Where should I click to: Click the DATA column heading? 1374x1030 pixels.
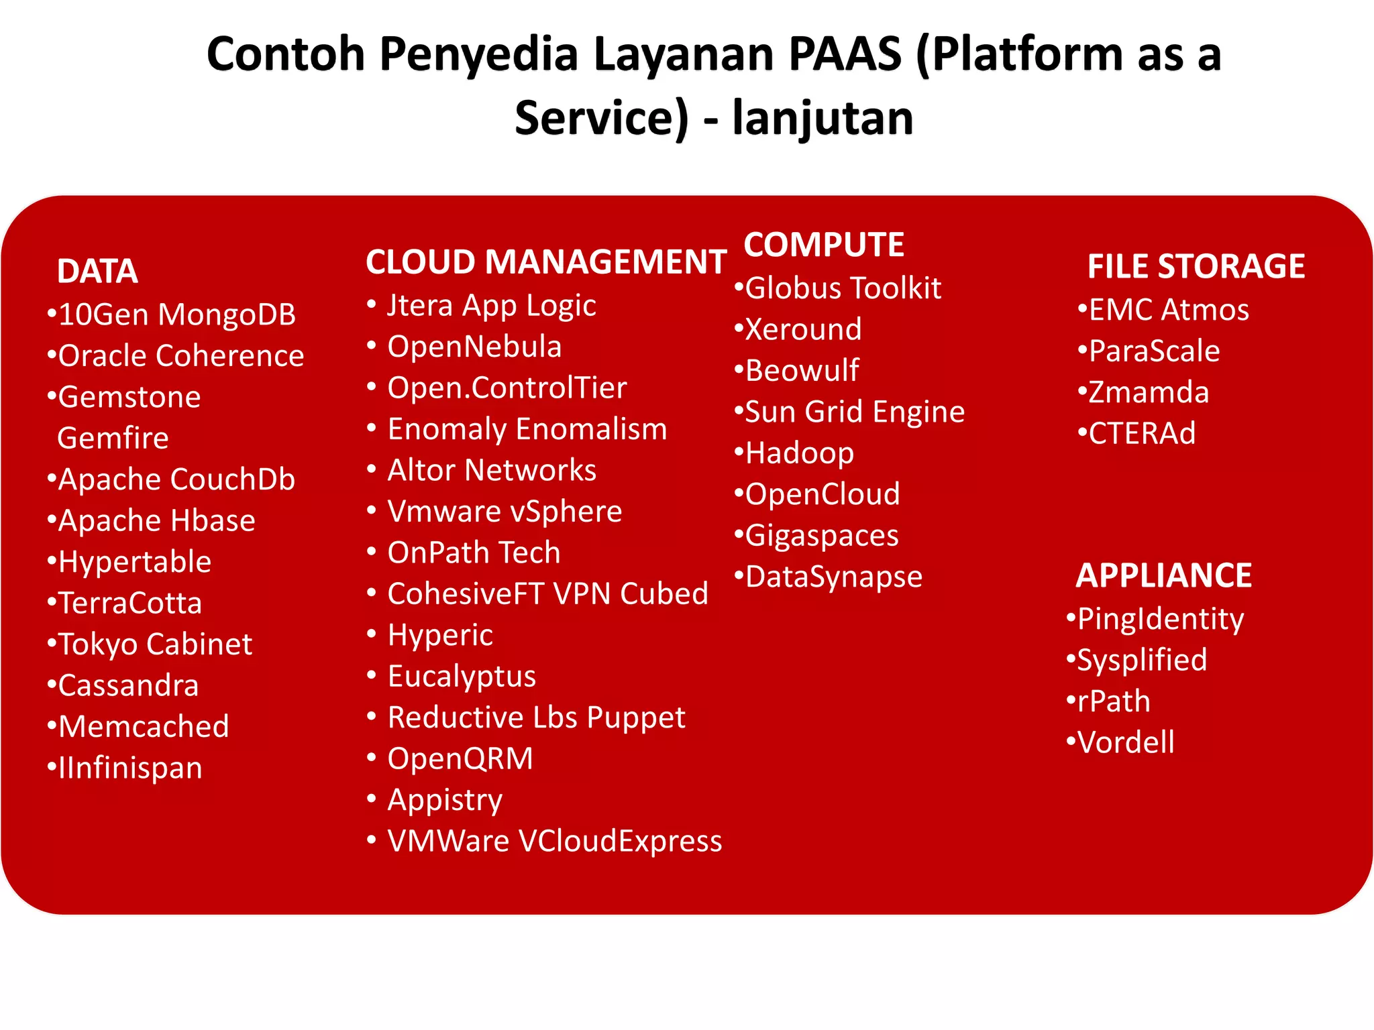click(98, 272)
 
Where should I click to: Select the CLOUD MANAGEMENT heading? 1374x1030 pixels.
click(546, 262)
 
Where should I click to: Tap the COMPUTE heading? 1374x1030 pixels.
click(824, 245)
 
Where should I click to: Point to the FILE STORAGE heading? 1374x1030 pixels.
click(1196, 266)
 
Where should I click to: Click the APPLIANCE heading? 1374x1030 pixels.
click(1164, 575)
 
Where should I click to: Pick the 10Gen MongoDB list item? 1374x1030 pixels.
click(177, 314)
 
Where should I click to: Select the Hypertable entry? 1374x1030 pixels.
click(135, 562)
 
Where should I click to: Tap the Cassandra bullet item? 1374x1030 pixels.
click(128, 685)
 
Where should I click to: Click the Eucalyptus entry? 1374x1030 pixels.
click(462, 676)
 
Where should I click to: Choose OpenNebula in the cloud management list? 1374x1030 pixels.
click(474, 347)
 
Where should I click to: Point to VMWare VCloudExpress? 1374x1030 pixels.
click(555, 841)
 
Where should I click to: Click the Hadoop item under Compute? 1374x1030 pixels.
click(800, 453)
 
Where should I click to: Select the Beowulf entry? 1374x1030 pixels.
click(802, 371)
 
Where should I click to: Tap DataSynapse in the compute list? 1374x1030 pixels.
click(834, 577)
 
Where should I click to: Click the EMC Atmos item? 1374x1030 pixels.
click(1169, 310)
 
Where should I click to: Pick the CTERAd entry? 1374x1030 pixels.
click(1142, 433)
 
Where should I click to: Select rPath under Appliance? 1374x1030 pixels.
click(1114, 701)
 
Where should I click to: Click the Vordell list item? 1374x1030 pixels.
click(1126, 742)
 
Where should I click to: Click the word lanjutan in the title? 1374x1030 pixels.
click(823, 118)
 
